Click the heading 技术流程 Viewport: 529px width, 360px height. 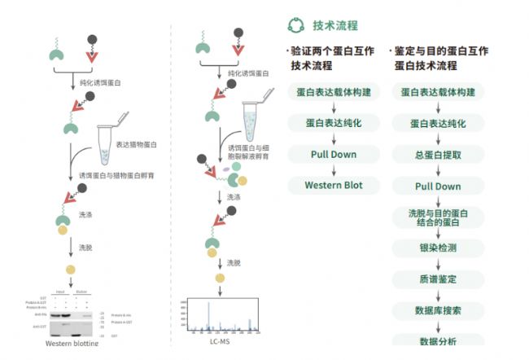click(334, 25)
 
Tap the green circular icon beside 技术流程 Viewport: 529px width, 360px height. click(295, 25)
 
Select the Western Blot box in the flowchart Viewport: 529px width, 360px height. click(333, 185)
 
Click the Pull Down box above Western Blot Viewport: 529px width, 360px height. click(333, 154)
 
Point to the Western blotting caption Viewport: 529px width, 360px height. click(72, 343)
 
